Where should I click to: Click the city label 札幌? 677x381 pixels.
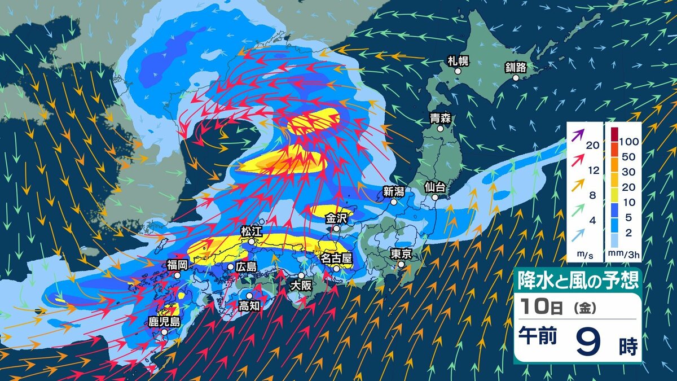458,60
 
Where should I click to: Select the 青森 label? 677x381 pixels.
440,118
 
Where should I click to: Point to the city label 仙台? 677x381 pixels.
435,186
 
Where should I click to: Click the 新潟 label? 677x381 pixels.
393,191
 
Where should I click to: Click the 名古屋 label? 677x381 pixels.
336,258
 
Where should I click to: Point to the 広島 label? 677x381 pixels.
246,266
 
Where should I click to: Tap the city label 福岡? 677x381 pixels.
177,264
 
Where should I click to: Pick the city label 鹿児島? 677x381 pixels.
164,322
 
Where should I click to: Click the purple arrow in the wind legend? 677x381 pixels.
577,134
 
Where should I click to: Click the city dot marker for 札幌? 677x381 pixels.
458,72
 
